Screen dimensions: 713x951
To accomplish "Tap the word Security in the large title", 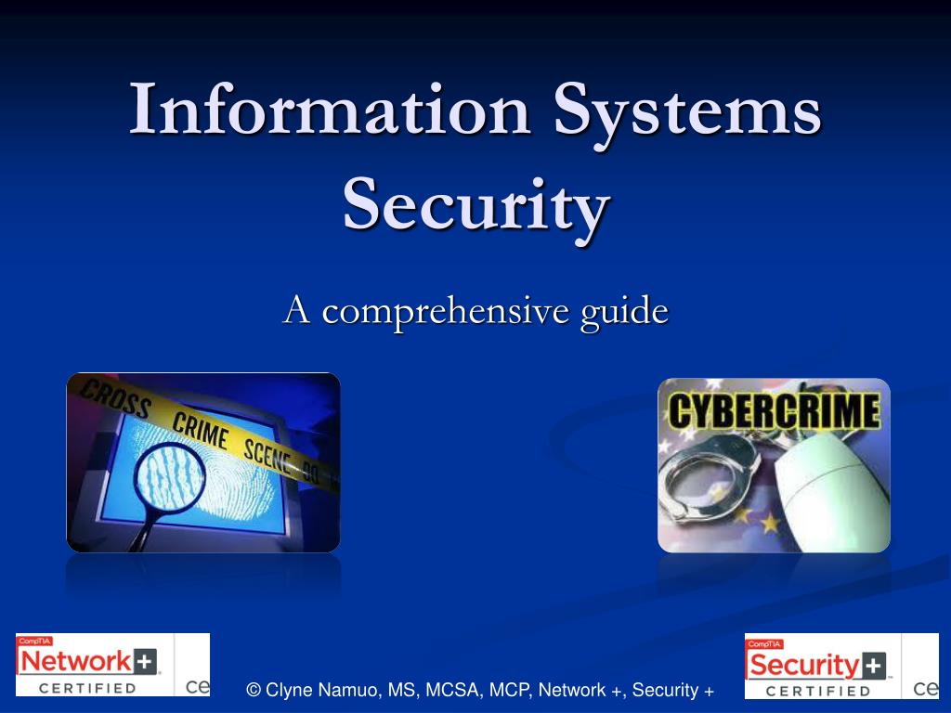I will click(x=476, y=205).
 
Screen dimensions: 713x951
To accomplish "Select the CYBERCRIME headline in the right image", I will click(x=774, y=411).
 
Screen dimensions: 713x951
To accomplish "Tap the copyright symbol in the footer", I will click(x=254, y=690).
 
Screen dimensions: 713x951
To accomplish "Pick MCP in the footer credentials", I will click(x=507, y=690).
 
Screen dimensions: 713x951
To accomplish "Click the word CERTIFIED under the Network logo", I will click(x=88, y=688).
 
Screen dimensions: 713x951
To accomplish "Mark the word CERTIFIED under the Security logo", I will click(x=818, y=691).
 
